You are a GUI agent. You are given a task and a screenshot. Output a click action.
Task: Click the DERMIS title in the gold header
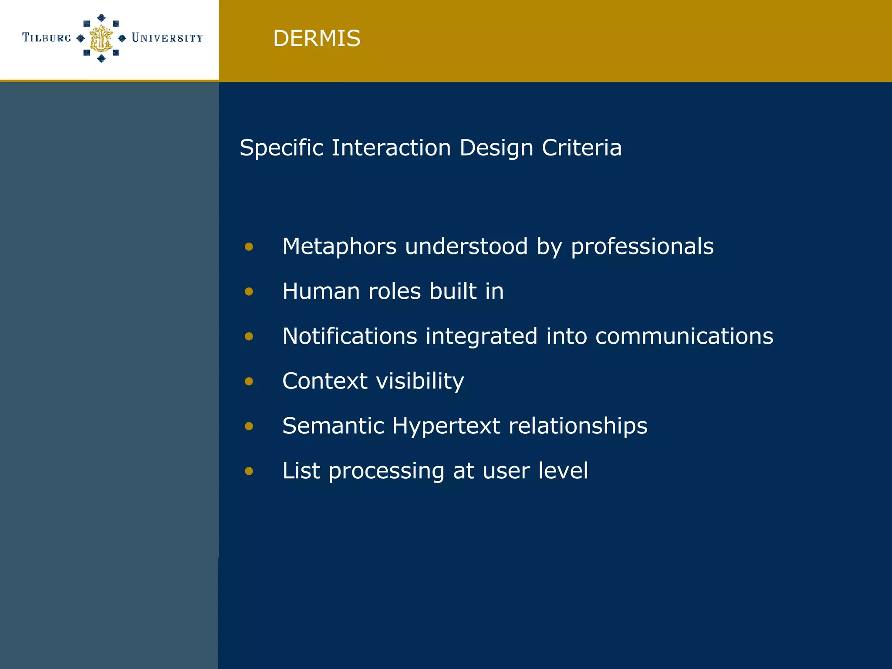click(x=317, y=38)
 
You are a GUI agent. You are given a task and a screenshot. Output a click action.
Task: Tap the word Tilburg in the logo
click(x=47, y=38)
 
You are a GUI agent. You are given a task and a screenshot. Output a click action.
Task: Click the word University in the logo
click(x=167, y=38)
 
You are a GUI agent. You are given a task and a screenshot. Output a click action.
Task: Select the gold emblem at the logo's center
click(x=101, y=38)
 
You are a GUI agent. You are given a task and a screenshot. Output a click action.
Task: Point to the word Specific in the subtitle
click(x=281, y=148)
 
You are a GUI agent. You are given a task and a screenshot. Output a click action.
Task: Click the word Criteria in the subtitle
click(x=581, y=148)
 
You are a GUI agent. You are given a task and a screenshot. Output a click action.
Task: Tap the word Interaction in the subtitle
click(x=391, y=148)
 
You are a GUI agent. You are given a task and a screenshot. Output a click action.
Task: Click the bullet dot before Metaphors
click(x=249, y=247)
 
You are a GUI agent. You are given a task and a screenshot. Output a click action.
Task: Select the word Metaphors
click(x=339, y=247)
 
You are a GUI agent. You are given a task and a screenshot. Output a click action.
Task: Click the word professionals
click(x=642, y=247)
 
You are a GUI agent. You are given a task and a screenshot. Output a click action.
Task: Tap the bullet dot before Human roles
click(x=249, y=291)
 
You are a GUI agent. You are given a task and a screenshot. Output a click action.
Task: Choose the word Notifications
click(x=350, y=336)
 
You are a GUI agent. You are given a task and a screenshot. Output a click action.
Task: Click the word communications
click(x=684, y=336)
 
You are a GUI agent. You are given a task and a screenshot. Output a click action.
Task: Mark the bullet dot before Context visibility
click(x=249, y=382)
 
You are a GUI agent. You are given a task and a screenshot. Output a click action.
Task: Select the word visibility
click(x=420, y=381)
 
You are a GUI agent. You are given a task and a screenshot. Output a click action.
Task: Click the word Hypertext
click(x=446, y=426)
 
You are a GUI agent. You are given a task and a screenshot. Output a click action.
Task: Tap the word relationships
click(x=578, y=426)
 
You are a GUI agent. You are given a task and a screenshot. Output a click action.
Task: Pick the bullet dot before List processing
click(x=249, y=471)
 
